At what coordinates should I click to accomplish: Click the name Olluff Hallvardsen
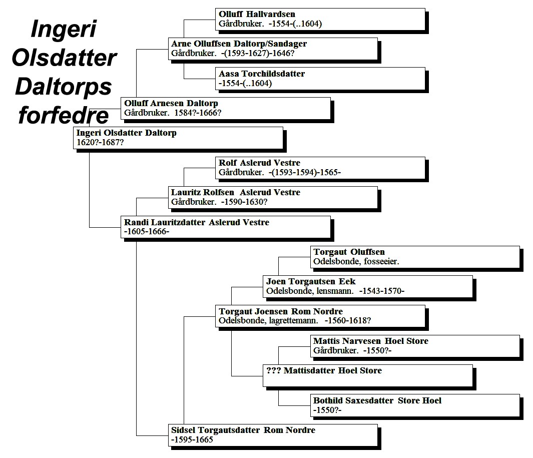[x=257, y=15]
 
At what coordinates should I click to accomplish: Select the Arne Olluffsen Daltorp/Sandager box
[x=273, y=49]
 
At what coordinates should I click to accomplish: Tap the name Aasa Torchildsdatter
[x=262, y=74]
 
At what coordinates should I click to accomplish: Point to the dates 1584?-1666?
[x=198, y=113]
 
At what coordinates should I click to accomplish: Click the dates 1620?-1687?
[x=100, y=143]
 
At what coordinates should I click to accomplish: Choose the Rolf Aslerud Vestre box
[x=320, y=168]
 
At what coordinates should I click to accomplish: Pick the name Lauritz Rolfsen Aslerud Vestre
[x=236, y=192]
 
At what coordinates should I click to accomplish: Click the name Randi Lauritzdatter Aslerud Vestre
[x=197, y=222]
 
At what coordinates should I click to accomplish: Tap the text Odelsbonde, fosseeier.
[x=356, y=261]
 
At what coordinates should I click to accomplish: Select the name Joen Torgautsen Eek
[x=311, y=281]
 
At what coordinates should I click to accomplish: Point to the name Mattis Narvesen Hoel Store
[x=371, y=341]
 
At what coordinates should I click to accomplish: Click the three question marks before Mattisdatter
[x=273, y=370]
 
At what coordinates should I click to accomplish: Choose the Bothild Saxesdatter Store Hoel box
[x=415, y=405]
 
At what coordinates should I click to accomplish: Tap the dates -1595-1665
[x=192, y=439]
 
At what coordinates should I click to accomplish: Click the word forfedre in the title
[x=64, y=115]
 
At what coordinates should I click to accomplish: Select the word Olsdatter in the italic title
[x=64, y=58]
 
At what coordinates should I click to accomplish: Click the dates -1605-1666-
[x=147, y=232]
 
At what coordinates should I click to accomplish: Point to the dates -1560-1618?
[x=348, y=321]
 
